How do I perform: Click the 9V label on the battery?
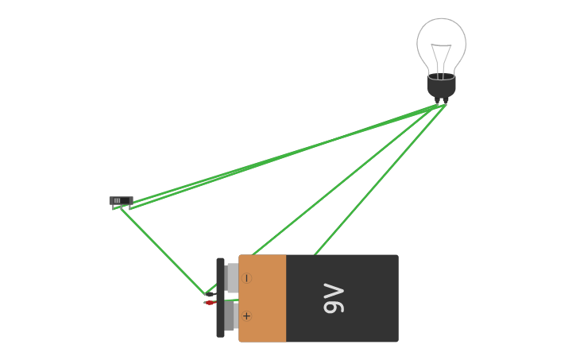coord(334,298)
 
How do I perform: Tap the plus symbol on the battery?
coord(246,316)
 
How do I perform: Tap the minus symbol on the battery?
coord(246,278)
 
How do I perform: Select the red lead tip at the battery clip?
coord(209,303)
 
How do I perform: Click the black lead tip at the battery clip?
coord(209,294)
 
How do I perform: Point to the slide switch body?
coord(121,201)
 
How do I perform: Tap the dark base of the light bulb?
coord(441,86)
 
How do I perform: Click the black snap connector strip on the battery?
coord(220,298)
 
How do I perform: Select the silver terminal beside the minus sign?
coord(232,278)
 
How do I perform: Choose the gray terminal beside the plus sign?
coord(230,316)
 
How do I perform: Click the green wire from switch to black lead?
coord(163,250)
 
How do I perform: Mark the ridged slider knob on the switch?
coord(117,200)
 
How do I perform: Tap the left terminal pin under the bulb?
coord(437,101)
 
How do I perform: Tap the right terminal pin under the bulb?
coord(446,101)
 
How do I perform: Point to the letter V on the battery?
coord(334,290)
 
